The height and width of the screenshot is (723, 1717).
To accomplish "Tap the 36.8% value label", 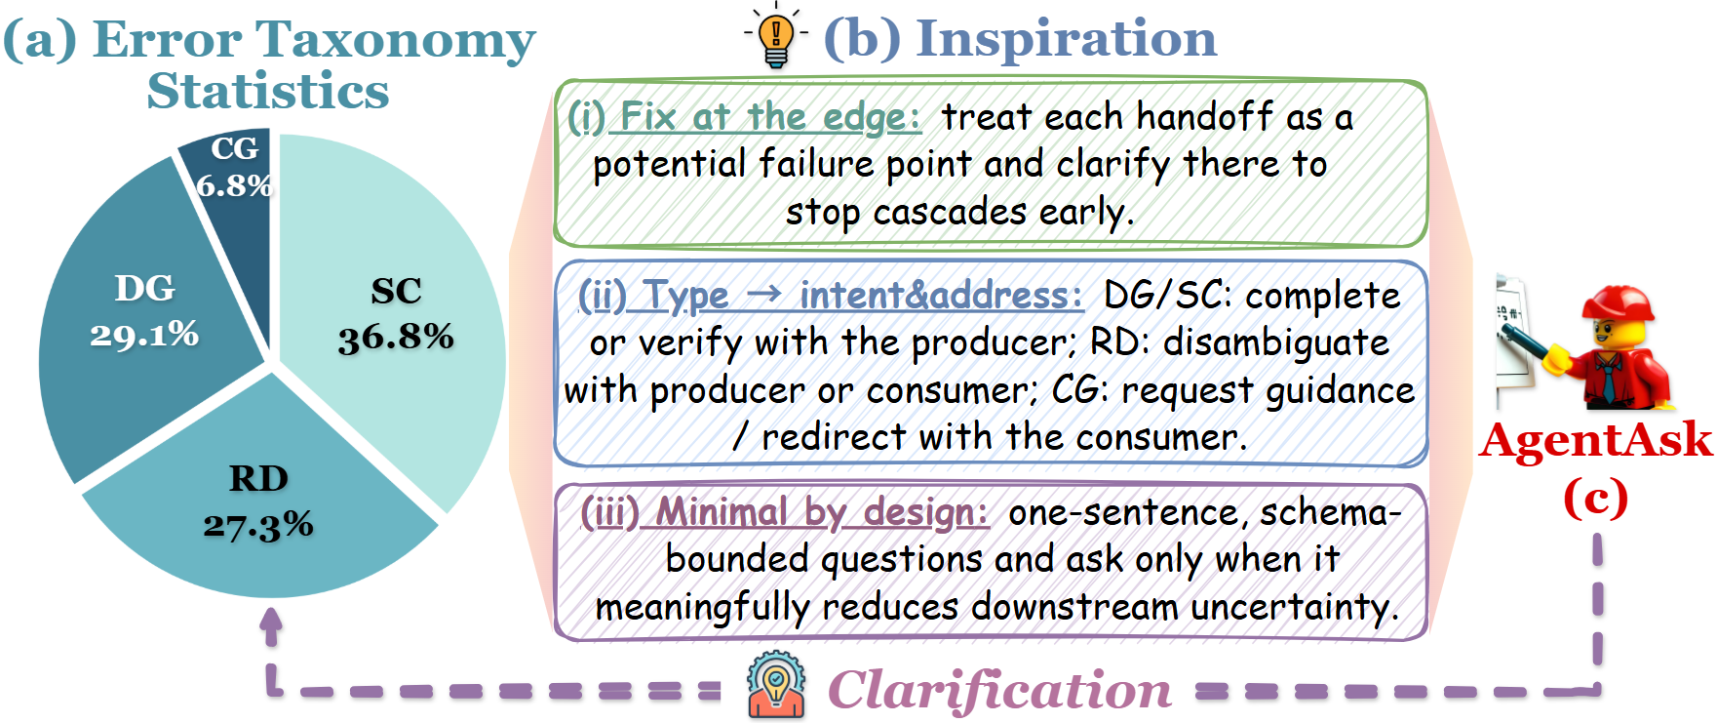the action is pos(396,339).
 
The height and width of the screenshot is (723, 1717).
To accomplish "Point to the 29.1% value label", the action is pos(144,336).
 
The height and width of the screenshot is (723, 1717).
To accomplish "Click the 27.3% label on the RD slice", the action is pos(258,526).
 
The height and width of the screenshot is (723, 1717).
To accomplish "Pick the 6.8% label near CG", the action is pos(234,184).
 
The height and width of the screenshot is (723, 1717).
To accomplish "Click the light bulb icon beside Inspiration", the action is pos(776,36).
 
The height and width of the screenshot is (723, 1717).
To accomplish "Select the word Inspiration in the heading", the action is pos(1067,38).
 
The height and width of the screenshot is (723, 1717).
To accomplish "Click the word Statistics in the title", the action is pos(268,91).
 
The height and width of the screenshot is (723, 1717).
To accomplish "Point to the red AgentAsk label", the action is pos(1595,440).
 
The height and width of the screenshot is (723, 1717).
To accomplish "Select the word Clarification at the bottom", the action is pos(999,690).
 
